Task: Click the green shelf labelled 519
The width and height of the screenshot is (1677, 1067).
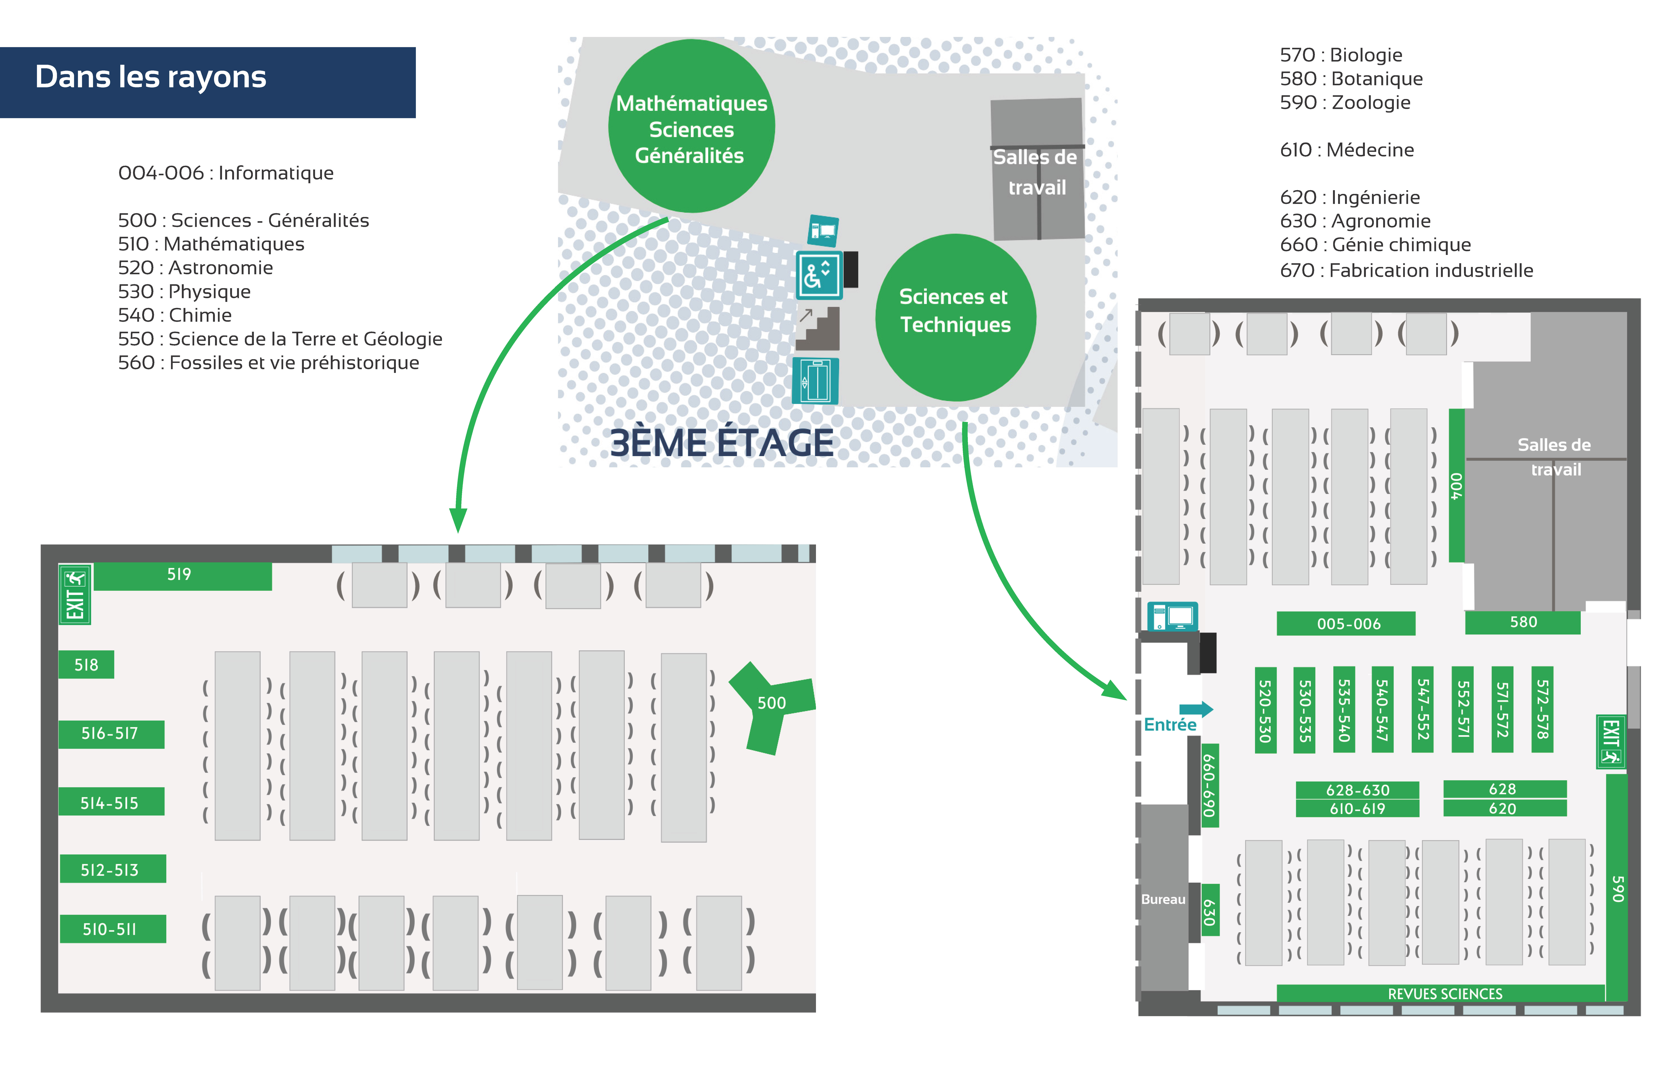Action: pyautogui.click(x=183, y=576)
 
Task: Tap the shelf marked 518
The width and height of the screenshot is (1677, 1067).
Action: pyautogui.click(x=86, y=664)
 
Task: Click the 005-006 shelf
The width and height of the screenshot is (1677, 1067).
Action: pyautogui.click(x=1346, y=623)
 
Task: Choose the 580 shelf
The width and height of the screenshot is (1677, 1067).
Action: pyautogui.click(x=1522, y=622)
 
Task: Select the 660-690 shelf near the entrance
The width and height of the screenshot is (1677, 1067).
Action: pyautogui.click(x=1210, y=785)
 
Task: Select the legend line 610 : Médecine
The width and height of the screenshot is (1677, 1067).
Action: pyautogui.click(x=1347, y=150)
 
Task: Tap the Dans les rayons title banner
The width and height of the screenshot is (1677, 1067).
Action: pyautogui.click(x=208, y=82)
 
